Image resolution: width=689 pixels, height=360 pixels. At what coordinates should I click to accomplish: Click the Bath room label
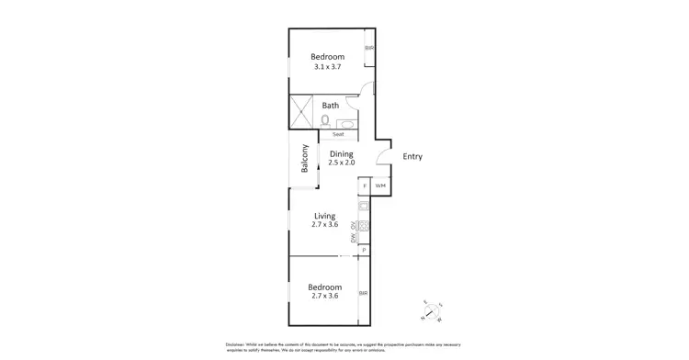(330, 106)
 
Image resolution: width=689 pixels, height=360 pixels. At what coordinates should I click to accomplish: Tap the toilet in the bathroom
(326, 120)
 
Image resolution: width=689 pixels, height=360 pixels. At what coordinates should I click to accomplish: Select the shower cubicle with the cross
(302, 112)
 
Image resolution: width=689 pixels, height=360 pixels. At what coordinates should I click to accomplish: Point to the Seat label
(337, 135)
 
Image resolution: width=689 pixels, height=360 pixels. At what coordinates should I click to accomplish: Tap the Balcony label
(304, 162)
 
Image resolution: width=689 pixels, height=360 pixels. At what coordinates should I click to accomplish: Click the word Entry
(412, 157)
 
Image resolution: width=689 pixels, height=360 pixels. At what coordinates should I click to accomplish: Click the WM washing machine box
(380, 186)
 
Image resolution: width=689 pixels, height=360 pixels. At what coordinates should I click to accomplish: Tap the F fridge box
(365, 186)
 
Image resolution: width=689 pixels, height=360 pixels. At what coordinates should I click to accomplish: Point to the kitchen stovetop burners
(364, 227)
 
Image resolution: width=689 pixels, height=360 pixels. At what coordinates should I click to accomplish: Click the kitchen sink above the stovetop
(364, 207)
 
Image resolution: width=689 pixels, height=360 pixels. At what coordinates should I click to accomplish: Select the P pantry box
(365, 250)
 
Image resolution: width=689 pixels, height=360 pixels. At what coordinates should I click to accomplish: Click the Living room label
(324, 216)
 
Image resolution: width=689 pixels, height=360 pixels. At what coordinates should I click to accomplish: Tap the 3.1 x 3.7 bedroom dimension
(327, 67)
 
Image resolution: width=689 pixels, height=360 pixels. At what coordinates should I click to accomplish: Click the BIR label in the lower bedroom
(363, 293)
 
